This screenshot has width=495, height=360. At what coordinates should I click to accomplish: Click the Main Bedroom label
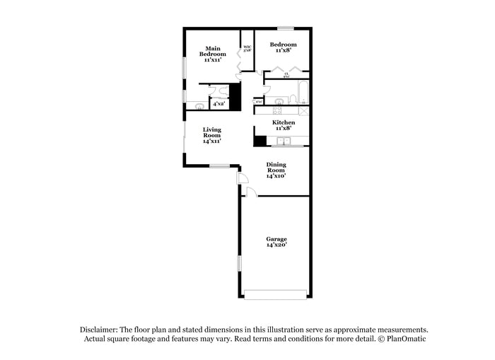click(212, 52)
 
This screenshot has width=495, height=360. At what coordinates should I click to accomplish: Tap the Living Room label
click(212, 135)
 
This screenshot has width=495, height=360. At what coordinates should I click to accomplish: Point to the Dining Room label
click(276, 170)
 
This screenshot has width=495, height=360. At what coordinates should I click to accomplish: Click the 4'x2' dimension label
click(219, 104)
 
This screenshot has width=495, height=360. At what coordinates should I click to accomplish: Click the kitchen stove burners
click(278, 110)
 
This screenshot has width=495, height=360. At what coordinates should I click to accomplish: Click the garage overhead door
click(276, 294)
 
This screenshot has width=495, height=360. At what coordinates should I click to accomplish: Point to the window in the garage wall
click(239, 264)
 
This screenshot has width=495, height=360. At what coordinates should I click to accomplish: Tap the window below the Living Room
click(219, 166)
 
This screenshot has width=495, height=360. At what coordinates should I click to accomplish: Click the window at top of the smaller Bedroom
click(285, 28)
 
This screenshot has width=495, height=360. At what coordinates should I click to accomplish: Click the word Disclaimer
click(98, 330)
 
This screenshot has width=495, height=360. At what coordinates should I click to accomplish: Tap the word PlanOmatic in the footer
click(406, 339)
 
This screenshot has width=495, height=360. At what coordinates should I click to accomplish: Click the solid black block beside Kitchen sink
click(260, 141)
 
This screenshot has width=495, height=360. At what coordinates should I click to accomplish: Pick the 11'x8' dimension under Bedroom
click(282, 50)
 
